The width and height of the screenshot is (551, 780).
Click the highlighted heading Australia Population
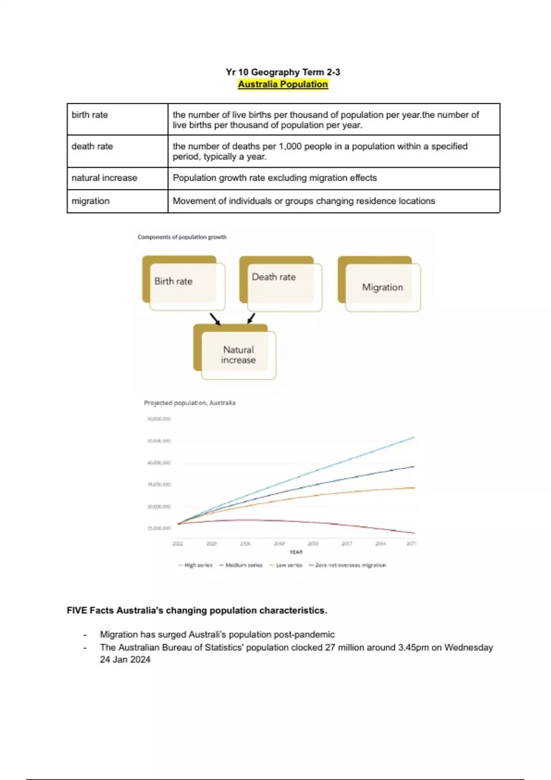[x=283, y=84]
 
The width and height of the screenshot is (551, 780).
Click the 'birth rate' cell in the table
[x=90, y=115]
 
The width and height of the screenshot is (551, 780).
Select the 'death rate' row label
[x=92, y=146]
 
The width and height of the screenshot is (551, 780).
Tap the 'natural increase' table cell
[x=104, y=178]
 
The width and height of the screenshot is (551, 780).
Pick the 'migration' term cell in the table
[x=90, y=201]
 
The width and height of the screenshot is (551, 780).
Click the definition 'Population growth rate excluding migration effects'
[x=275, y=178]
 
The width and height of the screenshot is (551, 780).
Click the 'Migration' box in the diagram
[x=382, y=287]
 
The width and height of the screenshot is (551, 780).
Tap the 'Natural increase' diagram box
[x=238, y=355]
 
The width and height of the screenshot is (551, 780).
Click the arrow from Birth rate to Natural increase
[x=215, y=319]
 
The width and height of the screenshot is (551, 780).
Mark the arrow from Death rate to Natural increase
[x=251, y=318]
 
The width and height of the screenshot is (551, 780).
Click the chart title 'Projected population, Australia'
[x=190, y=403]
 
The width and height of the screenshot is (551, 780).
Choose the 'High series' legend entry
[x=195, y=565]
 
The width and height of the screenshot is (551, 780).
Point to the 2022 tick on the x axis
[x=178, y=544]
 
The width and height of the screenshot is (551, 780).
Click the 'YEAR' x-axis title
[x=296, y=552]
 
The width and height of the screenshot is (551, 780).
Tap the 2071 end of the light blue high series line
[x=414, y=438]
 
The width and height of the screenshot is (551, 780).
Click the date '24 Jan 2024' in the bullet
[x=125, y=660]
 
